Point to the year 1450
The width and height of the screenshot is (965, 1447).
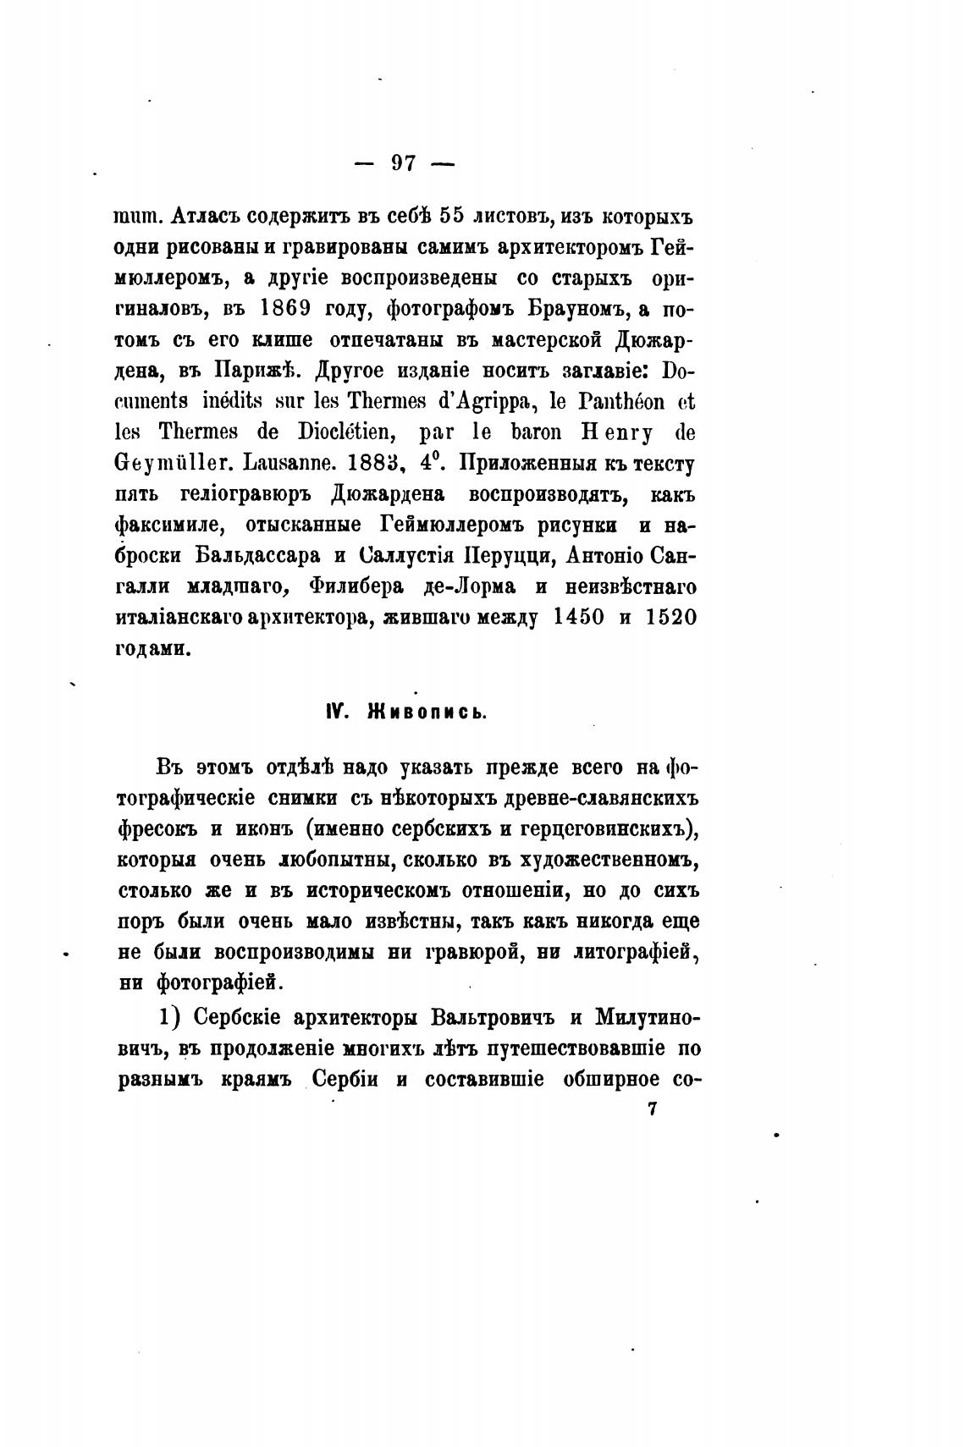578,618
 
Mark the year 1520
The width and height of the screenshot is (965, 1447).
670,618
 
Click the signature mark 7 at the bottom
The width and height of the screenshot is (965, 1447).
652,1110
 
